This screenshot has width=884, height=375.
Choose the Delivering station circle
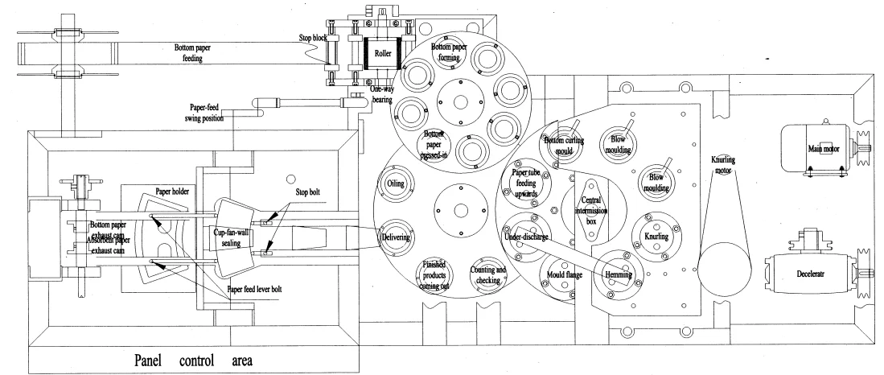point(397,237)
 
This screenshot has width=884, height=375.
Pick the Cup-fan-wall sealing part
point(235,235)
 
